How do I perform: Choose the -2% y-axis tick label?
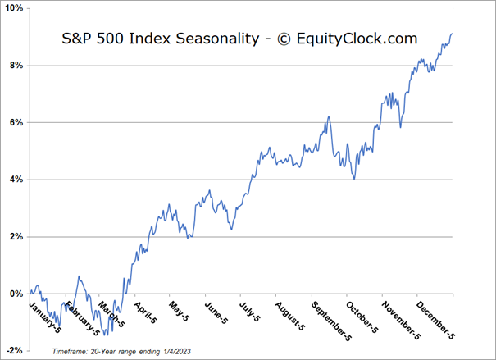click(x=13, y=350)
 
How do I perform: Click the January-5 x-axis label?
click(x=45, y=317)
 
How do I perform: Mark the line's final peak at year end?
click(x=452, y=34)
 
